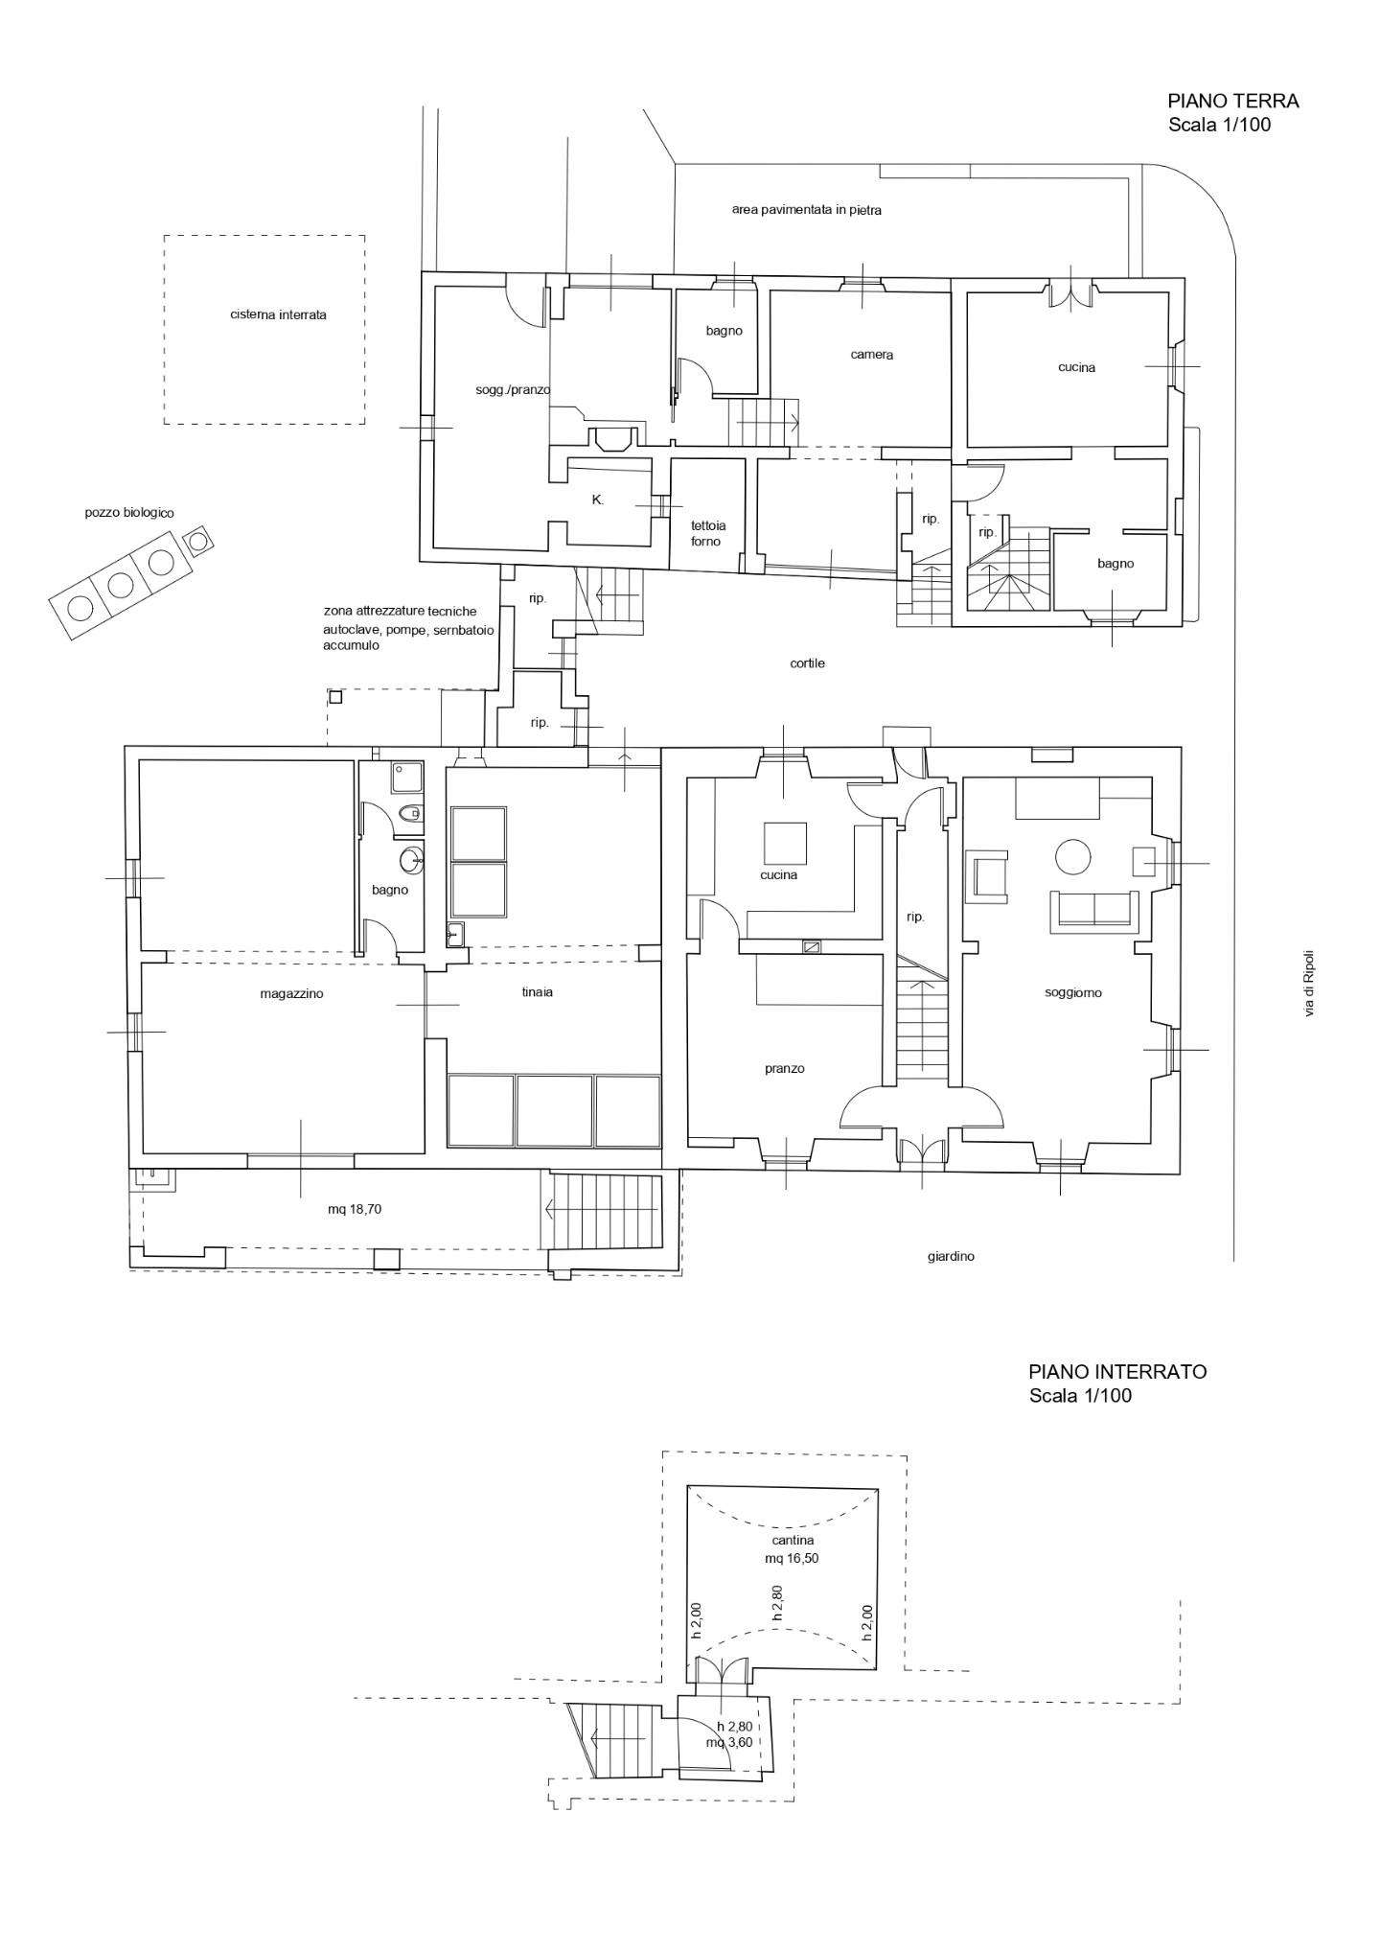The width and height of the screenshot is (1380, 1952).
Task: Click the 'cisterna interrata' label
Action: click(278, 314)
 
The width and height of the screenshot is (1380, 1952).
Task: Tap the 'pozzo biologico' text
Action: click(129, 514)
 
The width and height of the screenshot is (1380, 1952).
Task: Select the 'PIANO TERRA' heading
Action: click(1232, 101)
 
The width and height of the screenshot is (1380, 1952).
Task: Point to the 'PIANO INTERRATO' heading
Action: click(1117, 1372)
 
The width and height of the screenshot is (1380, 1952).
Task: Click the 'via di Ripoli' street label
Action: click(1309, 983)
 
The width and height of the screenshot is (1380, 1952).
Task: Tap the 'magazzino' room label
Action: click(291, 994)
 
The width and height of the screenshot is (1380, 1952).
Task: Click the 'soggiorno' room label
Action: click(1072, 993)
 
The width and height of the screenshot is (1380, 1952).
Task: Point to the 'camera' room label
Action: click(871, 355)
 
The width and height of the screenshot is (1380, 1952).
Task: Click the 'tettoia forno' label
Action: click(708, 533)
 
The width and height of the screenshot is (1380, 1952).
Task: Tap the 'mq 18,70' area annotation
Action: click(354, 1210)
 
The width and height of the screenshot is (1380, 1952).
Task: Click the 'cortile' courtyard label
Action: click(807, 663)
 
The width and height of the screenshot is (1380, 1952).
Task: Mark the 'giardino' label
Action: click(951, 1256)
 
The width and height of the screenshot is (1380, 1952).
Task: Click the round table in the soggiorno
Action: click(1072, 857)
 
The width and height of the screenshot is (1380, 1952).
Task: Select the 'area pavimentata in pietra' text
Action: click(806, 210)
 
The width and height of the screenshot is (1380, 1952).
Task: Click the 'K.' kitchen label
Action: click(597, 500)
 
